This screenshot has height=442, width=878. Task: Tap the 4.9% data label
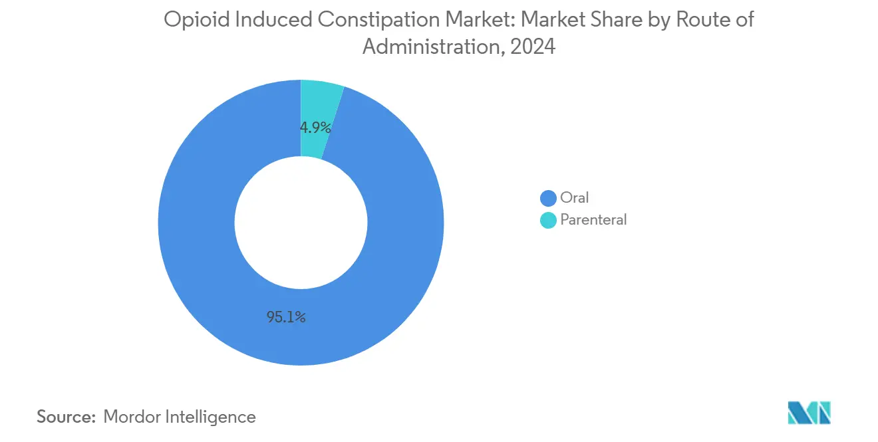315,128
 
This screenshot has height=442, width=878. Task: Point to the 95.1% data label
286,318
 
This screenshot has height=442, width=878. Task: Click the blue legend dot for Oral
548,198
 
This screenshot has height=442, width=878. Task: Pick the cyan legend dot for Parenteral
548,220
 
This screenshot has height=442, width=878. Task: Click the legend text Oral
575,198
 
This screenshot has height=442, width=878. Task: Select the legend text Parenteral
593,220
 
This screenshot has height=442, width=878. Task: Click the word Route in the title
700,20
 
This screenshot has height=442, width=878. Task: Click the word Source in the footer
66,417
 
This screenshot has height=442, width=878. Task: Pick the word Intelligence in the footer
213,417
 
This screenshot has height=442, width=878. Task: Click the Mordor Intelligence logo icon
809,412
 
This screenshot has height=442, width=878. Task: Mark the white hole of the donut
301,223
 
